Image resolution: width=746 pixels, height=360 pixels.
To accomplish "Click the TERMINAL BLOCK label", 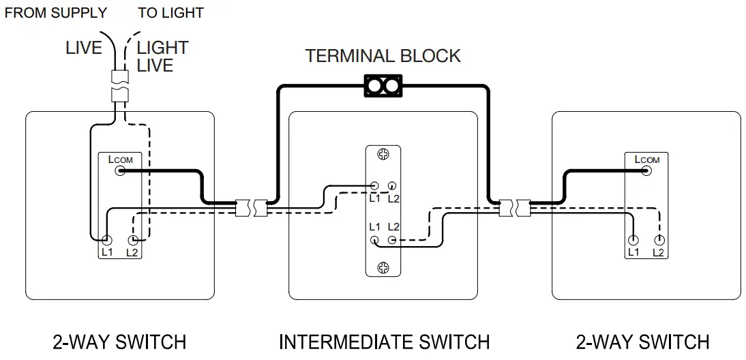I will click(x=383, y=56).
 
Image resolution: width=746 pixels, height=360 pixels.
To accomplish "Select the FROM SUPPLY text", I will click(x=56, y=13).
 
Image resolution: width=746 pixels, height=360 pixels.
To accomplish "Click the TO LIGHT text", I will click(x=170, y=13).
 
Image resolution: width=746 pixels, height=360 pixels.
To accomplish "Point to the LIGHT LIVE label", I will click(x=162, y=57).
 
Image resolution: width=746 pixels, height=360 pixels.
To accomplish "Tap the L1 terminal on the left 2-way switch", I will click(x=107, y=240).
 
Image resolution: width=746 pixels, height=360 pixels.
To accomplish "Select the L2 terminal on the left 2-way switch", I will click(x=133, y=240).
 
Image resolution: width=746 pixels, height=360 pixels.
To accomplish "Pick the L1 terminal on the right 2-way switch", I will click(x=633, y=240).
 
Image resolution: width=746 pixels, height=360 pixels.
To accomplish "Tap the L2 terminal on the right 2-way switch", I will click(x=659, y=240).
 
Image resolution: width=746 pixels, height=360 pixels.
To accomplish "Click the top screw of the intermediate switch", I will click(x=383, y=155).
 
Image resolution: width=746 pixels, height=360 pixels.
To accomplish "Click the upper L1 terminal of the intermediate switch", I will click(x=374, y=185).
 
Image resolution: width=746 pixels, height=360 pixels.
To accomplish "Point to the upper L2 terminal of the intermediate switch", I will click(x=392, y=185).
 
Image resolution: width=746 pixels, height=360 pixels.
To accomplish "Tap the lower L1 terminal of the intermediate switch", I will click(x=374, y=240).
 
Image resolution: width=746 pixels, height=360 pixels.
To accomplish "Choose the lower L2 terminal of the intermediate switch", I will click(x=392, y=240).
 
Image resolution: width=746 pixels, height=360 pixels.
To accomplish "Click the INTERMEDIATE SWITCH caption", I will click(x=384, y=342).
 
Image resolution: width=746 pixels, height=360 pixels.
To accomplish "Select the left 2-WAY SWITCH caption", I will click(x=119, y=342).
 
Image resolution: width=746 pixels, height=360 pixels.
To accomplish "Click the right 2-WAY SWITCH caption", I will click(x=642, y=342).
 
